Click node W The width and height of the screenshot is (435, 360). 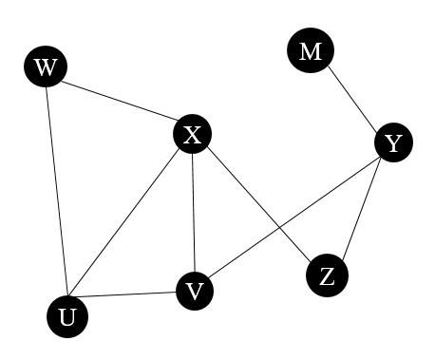pos(45,68)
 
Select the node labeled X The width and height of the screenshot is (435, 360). pos(192,135)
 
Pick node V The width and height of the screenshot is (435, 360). pos(195,292)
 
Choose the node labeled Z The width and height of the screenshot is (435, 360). pos(327,276)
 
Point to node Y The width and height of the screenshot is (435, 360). pos(392,144)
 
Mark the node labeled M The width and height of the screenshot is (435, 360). pos(310,51)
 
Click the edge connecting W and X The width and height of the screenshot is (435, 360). pos(119,102)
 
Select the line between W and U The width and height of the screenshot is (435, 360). pos(55,190)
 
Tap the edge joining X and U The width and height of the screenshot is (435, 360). pos(129,226)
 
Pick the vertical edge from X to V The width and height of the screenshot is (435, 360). pos(193,214)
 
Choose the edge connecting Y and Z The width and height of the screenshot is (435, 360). pos(360,210)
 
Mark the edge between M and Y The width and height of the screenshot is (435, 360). pos(350,98)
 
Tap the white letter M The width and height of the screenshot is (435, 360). pos(310,51)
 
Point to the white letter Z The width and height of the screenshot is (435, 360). pos(327,276)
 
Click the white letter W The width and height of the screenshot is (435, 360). pos(45,68)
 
